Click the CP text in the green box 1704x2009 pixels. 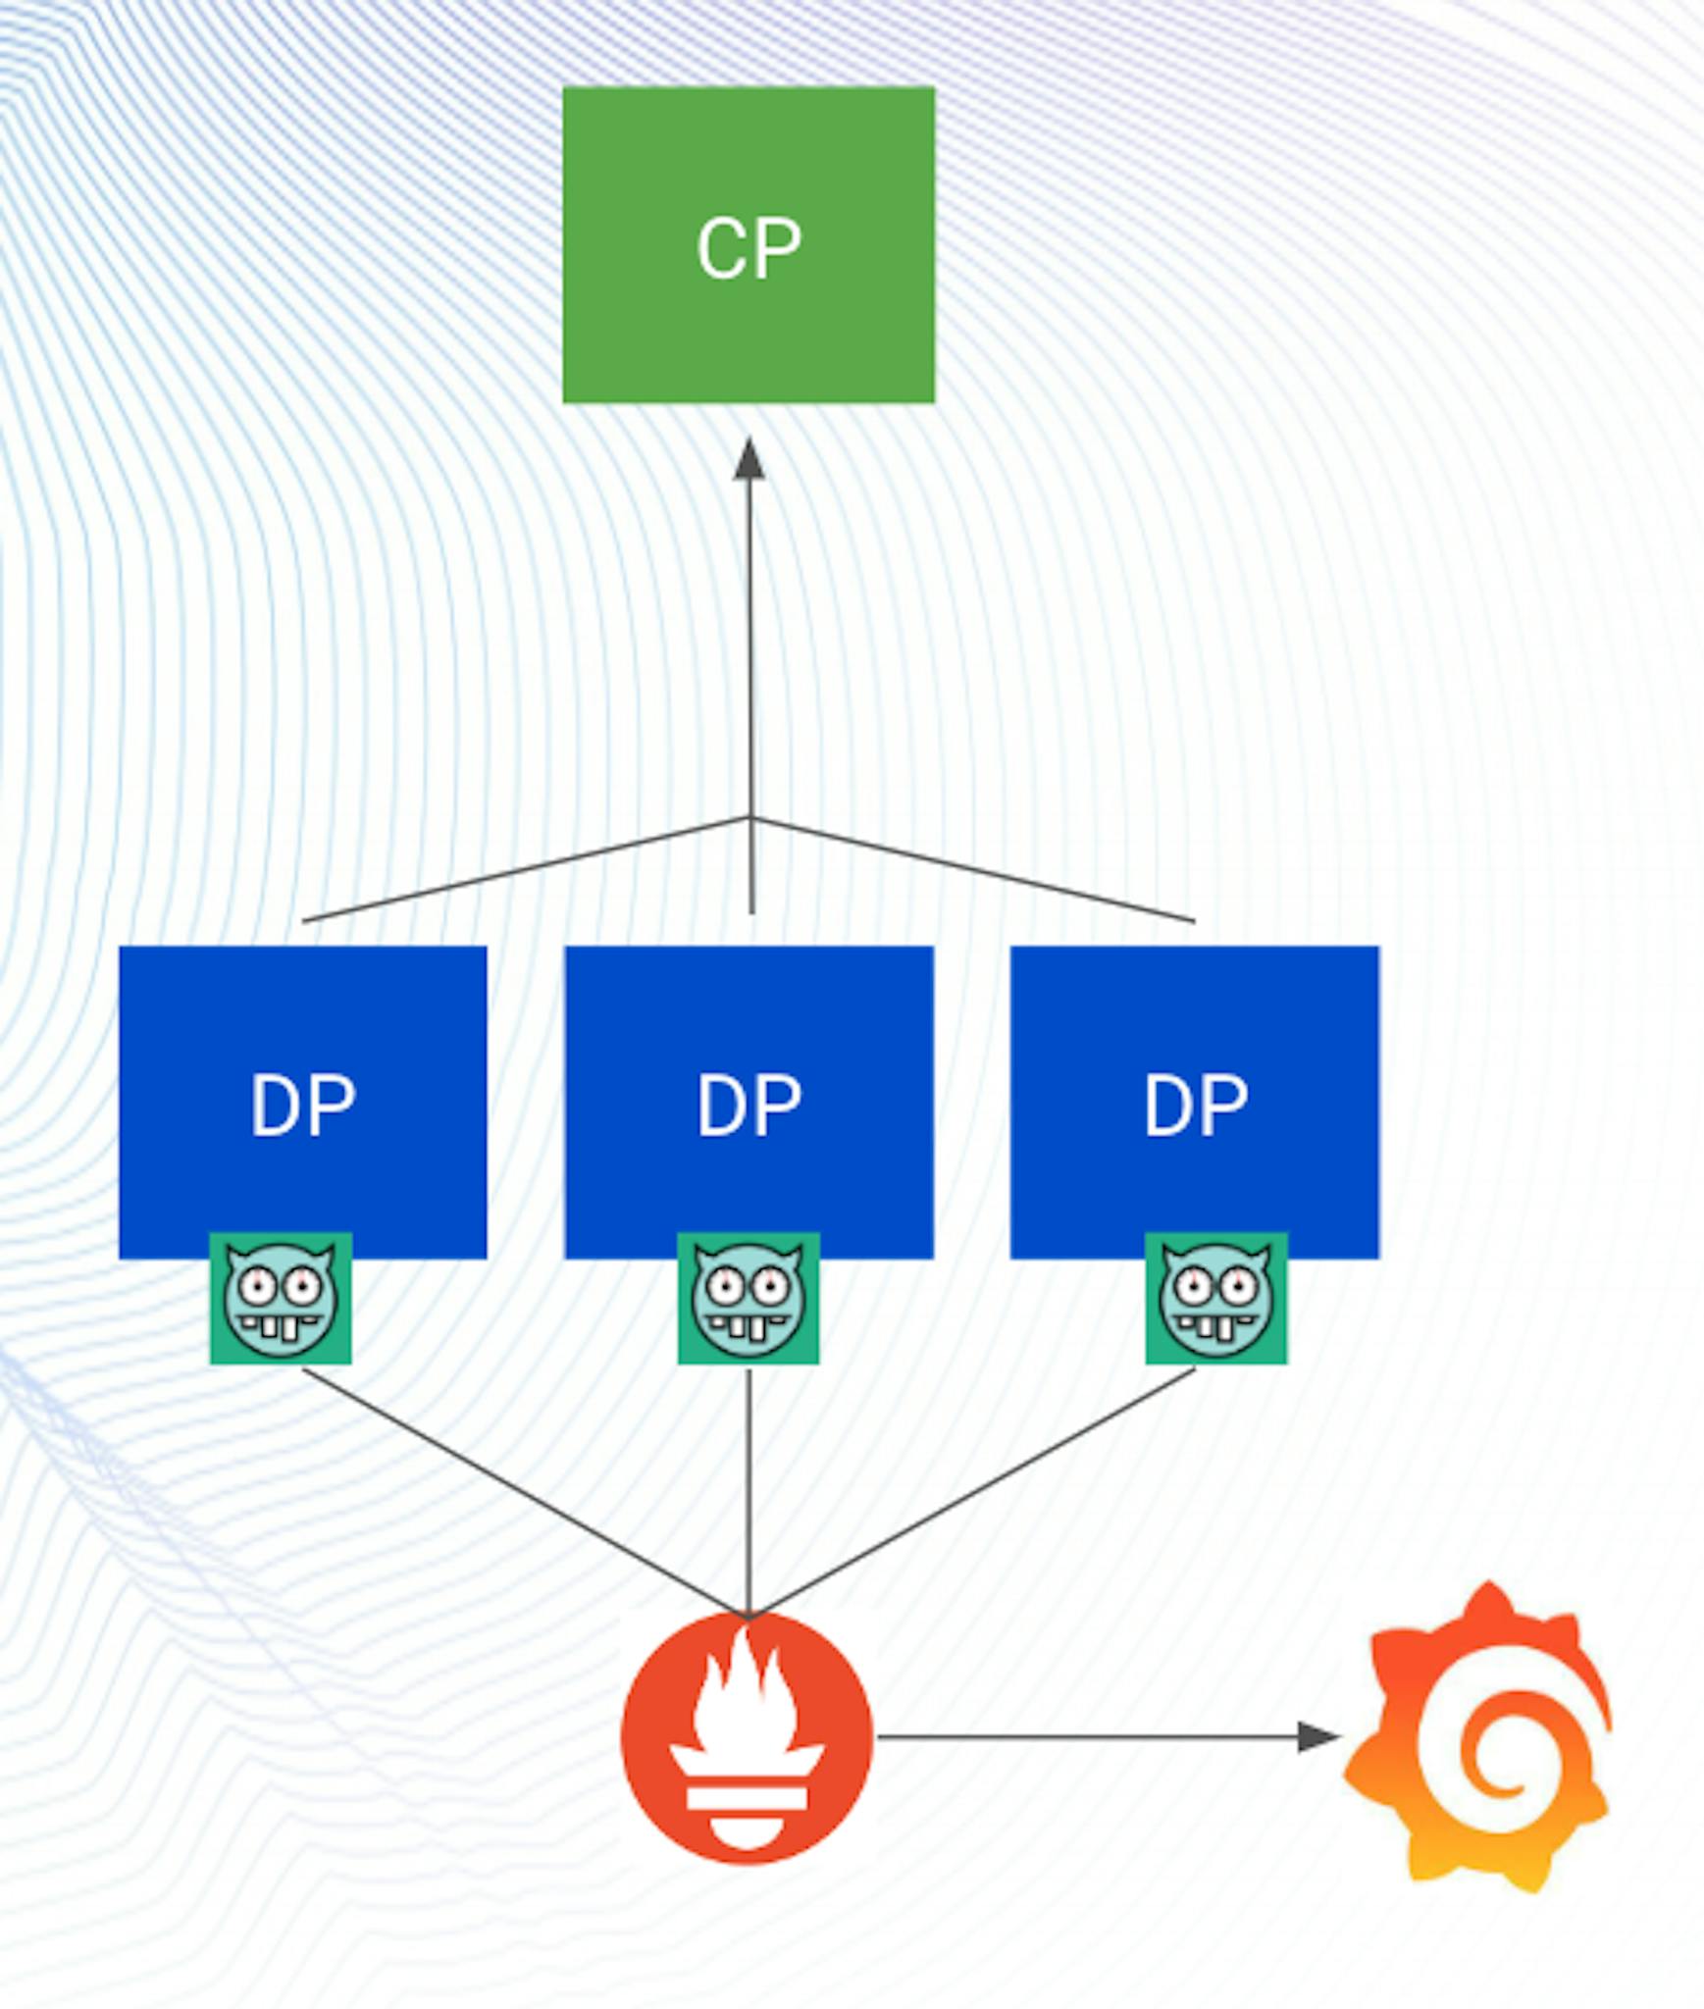(x=749, y=248)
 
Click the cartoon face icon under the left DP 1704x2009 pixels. (x=281, y=1298)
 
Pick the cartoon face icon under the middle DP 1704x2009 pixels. (x=749, y=1298)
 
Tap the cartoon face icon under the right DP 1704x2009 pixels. (x=1216, y=1298)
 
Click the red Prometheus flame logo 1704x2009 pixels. (x=747, y=1738)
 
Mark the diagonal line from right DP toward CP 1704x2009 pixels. (x=971, y=869)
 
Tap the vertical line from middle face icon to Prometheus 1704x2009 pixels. (x=749, y=1491)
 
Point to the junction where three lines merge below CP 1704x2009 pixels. (x=750, y=817)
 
